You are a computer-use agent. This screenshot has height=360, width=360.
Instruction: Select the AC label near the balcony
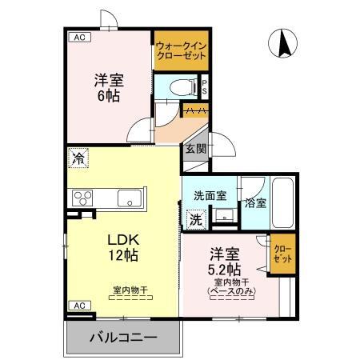click(79, 306)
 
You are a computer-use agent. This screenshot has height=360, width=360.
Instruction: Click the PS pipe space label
click(205, 86)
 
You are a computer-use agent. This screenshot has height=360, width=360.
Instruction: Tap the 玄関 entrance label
click(196, 149)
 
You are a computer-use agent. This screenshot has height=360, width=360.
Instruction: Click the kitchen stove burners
click(83, 198)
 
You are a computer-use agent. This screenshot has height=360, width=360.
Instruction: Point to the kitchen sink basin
click(129, 198)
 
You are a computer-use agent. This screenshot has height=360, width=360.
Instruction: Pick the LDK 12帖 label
click(124, 247)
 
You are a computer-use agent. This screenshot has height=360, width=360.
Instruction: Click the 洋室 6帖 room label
click(110, 87)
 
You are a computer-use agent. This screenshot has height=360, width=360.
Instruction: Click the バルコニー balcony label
click(122, 337)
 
